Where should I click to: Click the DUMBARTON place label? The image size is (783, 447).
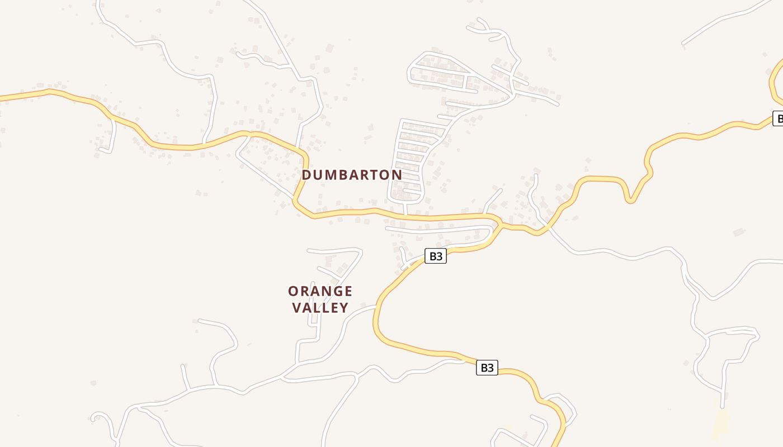pos(352,175)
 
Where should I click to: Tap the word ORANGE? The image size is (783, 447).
pos(320,291)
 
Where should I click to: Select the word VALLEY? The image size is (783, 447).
pos(320,307)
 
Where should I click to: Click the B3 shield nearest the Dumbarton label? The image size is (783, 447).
pos(436,256)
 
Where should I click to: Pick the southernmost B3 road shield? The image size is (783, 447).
pos(487,368)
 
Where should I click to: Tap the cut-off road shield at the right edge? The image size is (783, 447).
pos(777,118)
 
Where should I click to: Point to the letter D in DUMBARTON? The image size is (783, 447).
pos(306,175)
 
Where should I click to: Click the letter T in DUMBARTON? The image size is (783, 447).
pos(375,175)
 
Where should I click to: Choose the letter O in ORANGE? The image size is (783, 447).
pos(293,291)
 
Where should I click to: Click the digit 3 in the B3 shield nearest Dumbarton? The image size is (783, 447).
pos(440,256)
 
